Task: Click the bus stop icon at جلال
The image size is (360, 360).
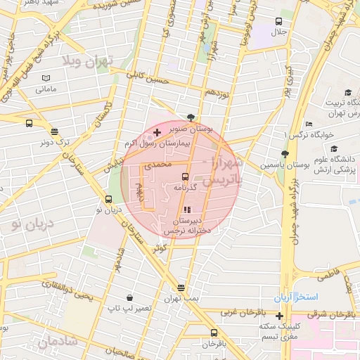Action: pos(279,22)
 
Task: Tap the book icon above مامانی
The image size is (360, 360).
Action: pos(46,78)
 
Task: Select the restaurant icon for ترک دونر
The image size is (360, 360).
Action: pos(54,131)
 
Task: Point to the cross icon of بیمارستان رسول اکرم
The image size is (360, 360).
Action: pos(156,132)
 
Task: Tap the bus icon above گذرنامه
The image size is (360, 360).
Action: pos(185,176)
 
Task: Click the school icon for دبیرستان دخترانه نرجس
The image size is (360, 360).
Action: pos(186,210)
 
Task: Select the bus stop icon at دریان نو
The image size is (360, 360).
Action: pos(108,199)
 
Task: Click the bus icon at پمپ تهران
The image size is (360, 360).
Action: pos(181,288)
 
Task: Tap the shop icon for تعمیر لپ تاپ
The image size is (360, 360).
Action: pos(131,298)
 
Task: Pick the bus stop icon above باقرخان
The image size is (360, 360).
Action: pos(214,333)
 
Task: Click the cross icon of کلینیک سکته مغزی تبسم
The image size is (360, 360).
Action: pos(280,316)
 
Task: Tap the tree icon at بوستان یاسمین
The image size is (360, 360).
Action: pos(284,154)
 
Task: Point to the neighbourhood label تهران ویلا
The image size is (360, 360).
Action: pos(88,61)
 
